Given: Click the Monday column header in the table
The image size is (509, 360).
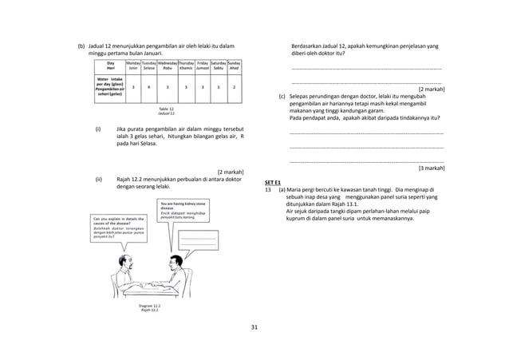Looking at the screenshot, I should [133, 65].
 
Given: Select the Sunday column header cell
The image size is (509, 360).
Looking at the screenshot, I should [233, 65].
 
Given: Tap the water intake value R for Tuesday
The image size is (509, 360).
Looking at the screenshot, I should [149, 87].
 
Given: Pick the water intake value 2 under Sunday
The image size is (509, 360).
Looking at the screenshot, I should [233, 87].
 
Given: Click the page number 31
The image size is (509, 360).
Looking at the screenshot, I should [254, 327].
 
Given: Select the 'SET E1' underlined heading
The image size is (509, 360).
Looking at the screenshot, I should [273, 182].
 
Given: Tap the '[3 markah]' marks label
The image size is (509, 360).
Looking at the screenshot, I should [431, 168].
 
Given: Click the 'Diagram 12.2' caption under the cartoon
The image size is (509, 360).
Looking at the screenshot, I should [149, 307].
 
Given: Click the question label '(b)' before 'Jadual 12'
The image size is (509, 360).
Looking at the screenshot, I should [81, 46].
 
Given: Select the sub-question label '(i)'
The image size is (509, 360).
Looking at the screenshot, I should [98, 129].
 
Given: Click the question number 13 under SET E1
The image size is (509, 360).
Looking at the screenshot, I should [269, 189].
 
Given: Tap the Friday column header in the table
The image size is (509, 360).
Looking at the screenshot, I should [202, 65].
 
